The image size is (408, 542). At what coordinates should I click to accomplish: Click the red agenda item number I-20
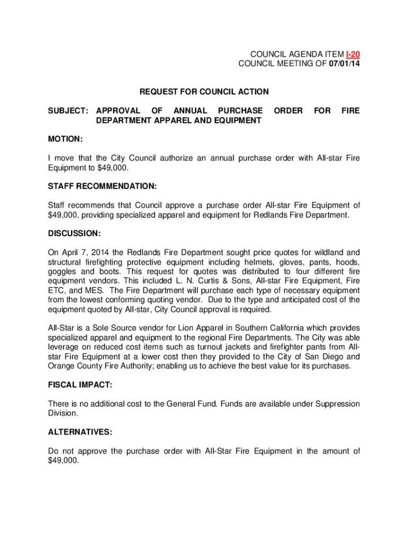(x=353, y=55)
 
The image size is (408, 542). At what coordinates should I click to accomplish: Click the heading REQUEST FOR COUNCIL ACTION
(x=204, y=92)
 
